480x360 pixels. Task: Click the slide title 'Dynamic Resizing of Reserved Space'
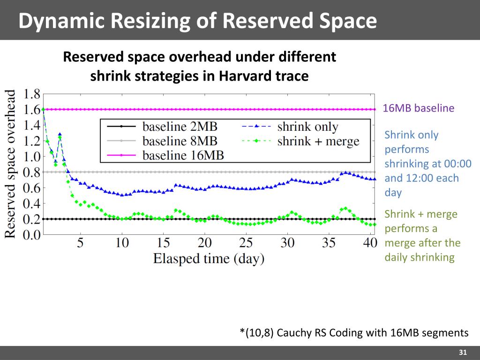pyautogui.click(x=197, y=21)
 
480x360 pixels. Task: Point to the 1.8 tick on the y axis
pyautogui.click(x=32, y=94)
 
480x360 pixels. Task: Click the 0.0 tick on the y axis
pyautogui.click(x=32, y=235)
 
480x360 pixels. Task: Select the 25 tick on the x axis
pyautogui.click(x=246, y=243)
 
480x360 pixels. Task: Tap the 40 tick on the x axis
pyautogui.click(x=370, y=243)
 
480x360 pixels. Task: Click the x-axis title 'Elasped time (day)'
pyautogui.click(x=209, y=258)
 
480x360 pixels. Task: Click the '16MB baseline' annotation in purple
pyautogui.click(x=419, y=108)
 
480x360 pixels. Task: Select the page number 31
pyautogui.click(x=463, y=352)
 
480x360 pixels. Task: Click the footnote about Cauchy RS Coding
pyautogui.click(x=354, y=333)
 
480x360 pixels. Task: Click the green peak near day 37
pyautogui.click(x=345, y=208)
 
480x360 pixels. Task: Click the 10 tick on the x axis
pyautogui.click(x=122, y=243)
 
